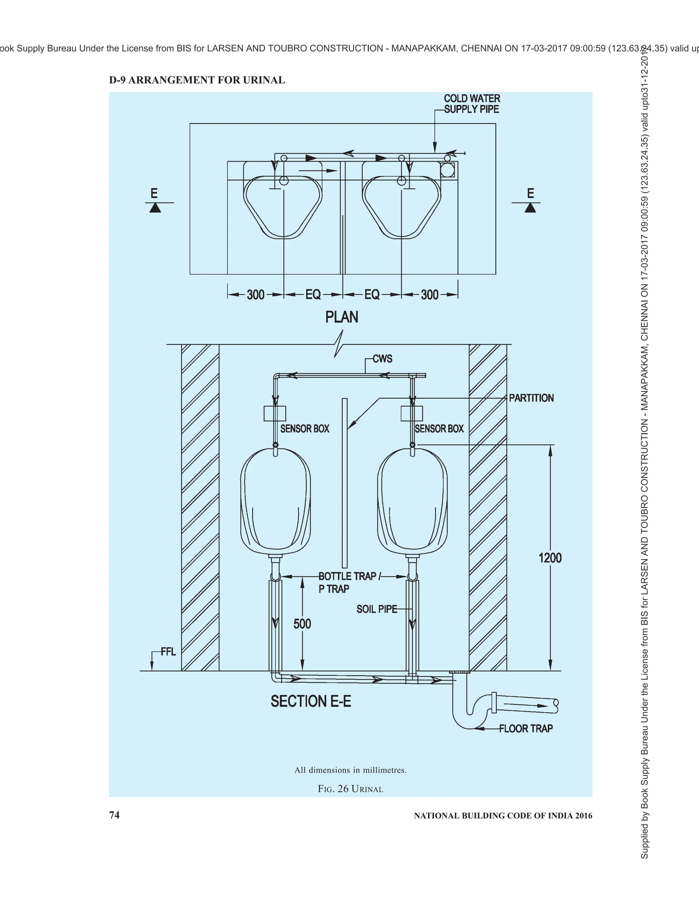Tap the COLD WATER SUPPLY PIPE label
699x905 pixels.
click(472, 104)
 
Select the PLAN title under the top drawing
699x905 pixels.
click(342, 317)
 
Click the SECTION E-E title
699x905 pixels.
click(311, 701)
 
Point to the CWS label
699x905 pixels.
click(383, 359)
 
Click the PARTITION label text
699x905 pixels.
click(531, 398)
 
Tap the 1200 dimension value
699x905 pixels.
click(550, 558)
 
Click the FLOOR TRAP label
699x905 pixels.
click(526, 740)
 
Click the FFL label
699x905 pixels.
click(169, 652)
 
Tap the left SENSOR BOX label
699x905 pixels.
click(305, 429)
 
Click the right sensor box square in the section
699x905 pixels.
click(412, 414)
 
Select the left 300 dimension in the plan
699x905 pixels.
click(256, 295)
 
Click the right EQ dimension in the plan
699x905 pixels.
click(372, 295)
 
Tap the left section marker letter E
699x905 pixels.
click(154, 193)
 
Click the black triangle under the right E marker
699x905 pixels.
click(530, 208)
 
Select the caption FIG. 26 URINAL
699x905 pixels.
click(350, 789)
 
